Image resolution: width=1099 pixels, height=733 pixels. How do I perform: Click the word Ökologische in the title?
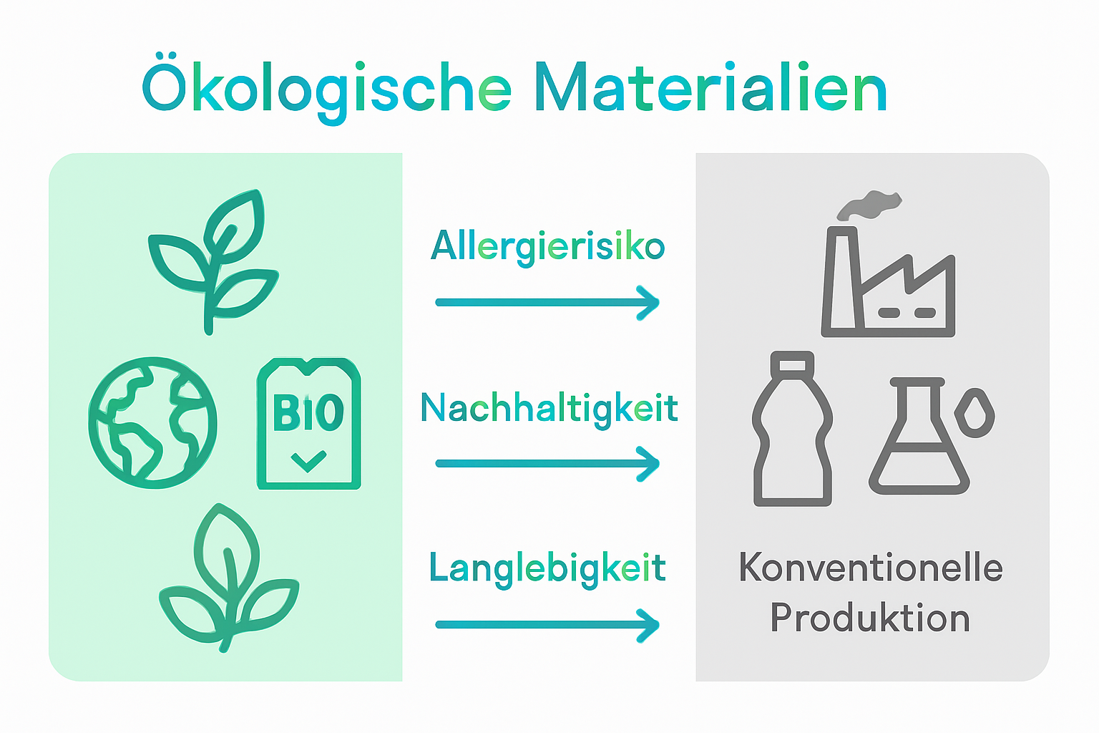coord(326,89)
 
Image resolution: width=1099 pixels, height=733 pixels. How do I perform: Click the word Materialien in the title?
coord(710,89)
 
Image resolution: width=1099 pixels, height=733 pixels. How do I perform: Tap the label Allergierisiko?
coord(547,247)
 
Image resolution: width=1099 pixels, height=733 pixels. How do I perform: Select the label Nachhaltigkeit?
coord(549,409)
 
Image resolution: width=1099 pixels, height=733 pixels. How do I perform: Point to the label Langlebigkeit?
coord(547,569)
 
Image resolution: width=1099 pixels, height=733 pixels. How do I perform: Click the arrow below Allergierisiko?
coord(547,303)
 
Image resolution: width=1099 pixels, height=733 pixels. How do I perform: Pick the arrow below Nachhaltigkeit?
coord(547,464)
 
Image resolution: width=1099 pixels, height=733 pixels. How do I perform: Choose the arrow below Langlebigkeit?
coord(547,625)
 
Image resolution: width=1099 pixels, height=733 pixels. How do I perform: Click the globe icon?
coord(152,422)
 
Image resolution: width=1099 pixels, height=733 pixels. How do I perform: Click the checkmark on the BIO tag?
coord(308,460)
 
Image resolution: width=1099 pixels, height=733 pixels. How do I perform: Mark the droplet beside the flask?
coord(974,412)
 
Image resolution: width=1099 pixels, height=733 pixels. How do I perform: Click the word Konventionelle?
coord(871,568)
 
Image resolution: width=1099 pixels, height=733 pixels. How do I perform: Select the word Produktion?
coord(870,618)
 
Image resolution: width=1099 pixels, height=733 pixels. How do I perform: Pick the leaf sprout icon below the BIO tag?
coord(228,580)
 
